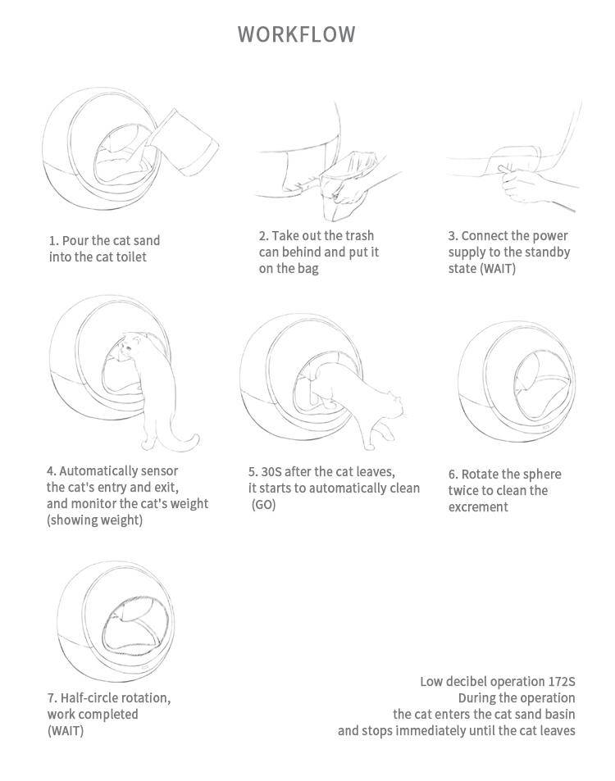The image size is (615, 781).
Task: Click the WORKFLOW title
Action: click(297, 34)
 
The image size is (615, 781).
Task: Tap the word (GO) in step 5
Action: click(264, 505)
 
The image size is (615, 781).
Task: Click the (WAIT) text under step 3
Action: click(498, 269)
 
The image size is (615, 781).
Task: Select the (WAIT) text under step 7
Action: click(65, 730)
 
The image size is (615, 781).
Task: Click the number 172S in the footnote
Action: click(562, 682)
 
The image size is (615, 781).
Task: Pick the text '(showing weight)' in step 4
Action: click(94, 520)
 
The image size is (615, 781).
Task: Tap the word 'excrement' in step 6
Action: click(478, 507)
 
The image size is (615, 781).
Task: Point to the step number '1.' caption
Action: click(53, 241)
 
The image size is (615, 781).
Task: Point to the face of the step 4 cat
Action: click(125, 350)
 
